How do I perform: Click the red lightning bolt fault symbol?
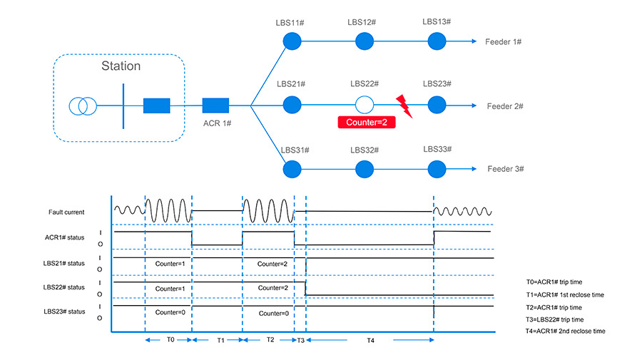[x=404, y=106]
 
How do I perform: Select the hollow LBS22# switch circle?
[x=365, y=106]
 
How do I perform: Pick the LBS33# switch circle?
[x=437, y=169]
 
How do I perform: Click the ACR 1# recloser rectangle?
[x=215, y=106]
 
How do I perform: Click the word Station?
[x=120, y=66]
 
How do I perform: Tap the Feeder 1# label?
[x=504, y=43]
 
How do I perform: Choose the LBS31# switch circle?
[x=291, y=170]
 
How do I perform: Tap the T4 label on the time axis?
[x=370, y=340]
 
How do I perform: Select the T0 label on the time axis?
[x=170, y=340]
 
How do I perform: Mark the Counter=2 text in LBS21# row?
[x=272, y=264]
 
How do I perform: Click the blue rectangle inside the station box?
[x=156, y=106]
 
